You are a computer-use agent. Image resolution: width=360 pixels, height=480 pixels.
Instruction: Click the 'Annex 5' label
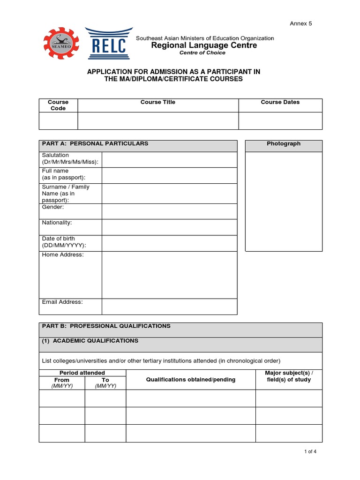(x=301, y=23)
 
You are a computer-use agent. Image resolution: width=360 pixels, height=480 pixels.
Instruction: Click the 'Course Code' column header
(x=58, y=105)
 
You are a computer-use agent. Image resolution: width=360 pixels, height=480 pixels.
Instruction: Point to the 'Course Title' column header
(x=158, y=102)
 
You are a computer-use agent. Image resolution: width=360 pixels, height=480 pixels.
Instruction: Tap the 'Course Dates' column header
(x=280, y=102)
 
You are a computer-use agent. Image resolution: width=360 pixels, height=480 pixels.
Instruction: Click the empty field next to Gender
(x=169, y=211)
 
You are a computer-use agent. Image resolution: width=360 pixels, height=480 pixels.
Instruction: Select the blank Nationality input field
(x=169, y=227)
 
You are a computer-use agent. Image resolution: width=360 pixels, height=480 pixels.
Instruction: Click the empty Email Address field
(x=169, y=307)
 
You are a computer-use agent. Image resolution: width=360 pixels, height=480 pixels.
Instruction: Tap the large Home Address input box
(x=169, y=275)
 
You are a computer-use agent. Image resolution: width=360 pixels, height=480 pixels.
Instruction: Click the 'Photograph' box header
(x=284, y=144)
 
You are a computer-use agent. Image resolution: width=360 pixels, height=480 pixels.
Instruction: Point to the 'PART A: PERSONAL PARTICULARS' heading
(x=95, y=144)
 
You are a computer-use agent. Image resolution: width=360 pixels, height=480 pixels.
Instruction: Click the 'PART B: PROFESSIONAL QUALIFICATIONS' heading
(x=106, y=326)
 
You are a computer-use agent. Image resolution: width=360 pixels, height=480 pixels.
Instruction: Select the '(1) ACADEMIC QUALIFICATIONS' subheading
(x=90, y=341)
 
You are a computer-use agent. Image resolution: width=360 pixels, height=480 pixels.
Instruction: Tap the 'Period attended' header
(x=82, y=373)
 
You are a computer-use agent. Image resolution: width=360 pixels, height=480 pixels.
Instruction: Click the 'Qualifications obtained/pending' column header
(x=191, y=379)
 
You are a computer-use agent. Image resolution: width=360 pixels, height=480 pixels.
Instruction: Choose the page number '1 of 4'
(x=310, y=452)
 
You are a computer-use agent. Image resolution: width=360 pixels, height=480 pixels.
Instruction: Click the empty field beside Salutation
(x=169, y=159)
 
